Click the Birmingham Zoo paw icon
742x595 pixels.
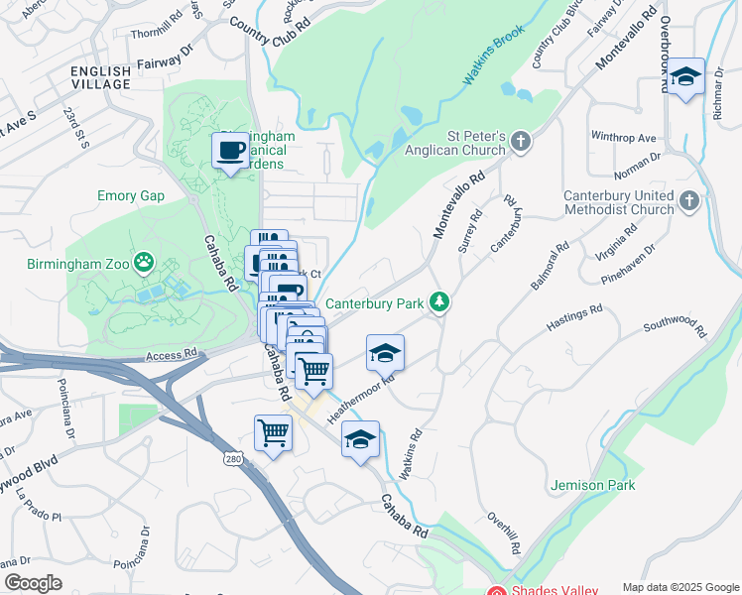point(145,263)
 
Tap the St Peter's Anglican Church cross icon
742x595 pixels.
point(522,142)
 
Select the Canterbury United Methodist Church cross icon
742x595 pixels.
point(690,202)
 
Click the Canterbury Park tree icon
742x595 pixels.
point(438,302)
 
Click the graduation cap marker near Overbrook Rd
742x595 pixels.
point(685,77)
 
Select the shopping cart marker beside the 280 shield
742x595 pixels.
point(273,432)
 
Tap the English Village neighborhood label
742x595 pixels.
point(100,77)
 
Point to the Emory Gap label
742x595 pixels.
point(131,195)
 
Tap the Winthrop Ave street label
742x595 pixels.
point(624,136)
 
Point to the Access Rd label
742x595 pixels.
point(172,354)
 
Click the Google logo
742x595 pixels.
point(33,583)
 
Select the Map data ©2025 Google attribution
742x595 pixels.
point(680,587)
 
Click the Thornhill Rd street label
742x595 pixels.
point(156,18)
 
